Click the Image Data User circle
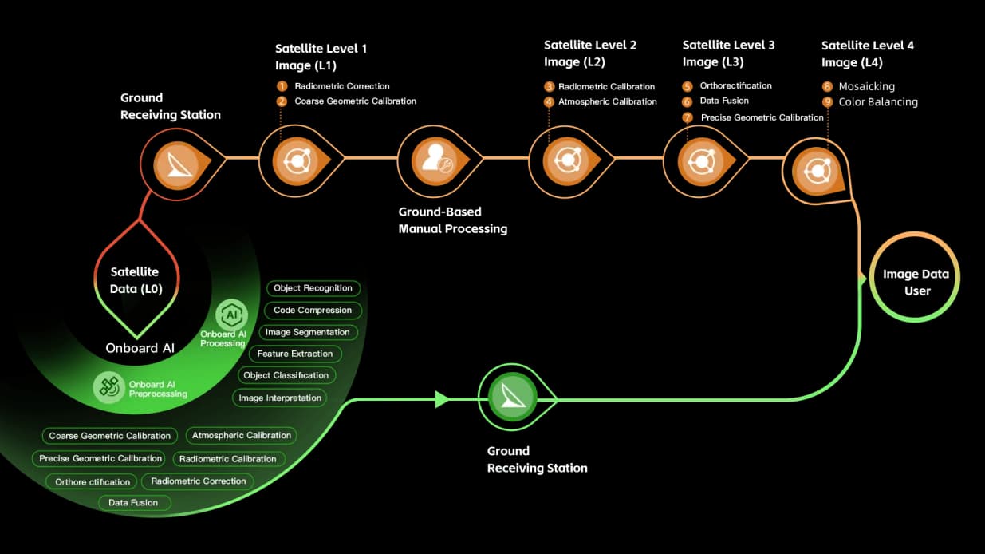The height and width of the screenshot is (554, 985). [916, 282]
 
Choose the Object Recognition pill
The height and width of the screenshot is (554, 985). [313, 288]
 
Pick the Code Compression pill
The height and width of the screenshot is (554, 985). [313, 310]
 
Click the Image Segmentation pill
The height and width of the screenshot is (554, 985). [307, 332]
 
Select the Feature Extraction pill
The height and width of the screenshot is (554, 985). [295, 354]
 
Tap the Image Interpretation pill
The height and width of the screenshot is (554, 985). [280, 398]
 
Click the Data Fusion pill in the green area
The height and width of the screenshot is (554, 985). [133, 502]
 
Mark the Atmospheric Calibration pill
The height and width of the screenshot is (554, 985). [242, 436]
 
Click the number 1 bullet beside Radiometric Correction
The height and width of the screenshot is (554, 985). [282, 86]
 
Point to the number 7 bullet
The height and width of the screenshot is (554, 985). [688, 117]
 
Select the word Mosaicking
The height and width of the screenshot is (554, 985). [866, 86]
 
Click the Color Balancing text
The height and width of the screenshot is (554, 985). [878, 102]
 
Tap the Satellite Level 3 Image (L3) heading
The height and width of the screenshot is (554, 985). [728, 53]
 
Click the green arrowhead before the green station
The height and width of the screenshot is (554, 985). [442, 399]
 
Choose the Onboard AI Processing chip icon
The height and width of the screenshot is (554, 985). [231, 315]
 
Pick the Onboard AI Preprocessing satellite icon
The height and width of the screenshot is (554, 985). [107, 387]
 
